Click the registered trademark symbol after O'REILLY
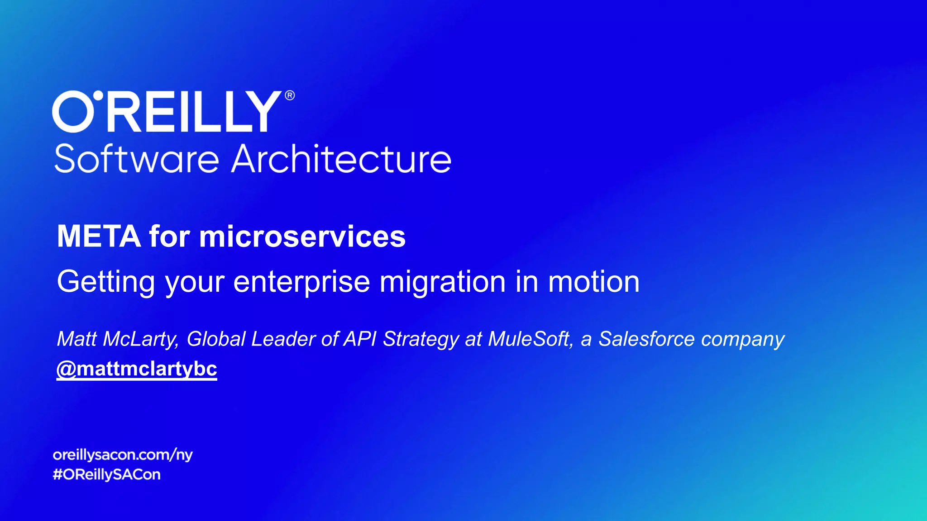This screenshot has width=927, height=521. click(290, 95)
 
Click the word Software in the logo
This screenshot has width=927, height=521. click(136, 159)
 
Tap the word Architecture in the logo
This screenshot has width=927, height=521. click(341, 159)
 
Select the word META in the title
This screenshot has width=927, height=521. click(99, 236)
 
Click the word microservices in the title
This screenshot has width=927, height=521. click(302, 236)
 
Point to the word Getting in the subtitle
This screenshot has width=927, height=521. click(106, 282)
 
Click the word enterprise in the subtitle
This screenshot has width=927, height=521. click(301, 282)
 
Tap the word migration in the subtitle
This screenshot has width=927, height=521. click(442, 282)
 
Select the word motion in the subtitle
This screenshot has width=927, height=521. click(594, 282)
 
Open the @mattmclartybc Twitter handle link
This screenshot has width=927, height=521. click(137, 369)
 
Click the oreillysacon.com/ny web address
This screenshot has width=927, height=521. click(123, 455)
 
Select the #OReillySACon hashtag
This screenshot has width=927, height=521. click(107, 474)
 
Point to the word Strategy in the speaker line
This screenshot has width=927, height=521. click(421, 339)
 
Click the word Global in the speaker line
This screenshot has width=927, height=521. click(216, 339)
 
